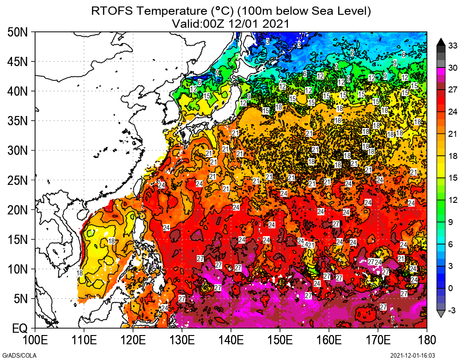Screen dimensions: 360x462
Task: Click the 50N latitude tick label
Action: pyautogui.click(x=18, y=32)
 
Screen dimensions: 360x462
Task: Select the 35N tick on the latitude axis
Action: pyautogui.click(x=18, y=121)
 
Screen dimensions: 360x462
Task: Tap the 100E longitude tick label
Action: pyautogui.click(x=35, y=341)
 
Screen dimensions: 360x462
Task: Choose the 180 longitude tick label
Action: pyautogui.click(x=426, y=341)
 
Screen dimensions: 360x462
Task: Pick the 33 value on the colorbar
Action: pyautogui.click(x=453, y=45)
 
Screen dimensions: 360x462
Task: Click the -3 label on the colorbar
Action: pyautogui.click(x=453, y=310)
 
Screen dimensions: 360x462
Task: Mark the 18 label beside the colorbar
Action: pyautogui.click(x=453, y=156)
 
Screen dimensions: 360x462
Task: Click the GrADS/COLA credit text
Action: pyautogui.click(x=13, y=355)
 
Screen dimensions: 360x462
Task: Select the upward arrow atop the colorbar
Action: pyautogui.click(x=441, y=41)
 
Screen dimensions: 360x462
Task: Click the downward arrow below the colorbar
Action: pyautogui.click(x=441, y=314)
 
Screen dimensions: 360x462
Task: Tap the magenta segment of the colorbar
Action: pyautogui.click(x=441, y=71)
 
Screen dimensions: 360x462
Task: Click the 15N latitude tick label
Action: pyautogui.click(x=18, y=239)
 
